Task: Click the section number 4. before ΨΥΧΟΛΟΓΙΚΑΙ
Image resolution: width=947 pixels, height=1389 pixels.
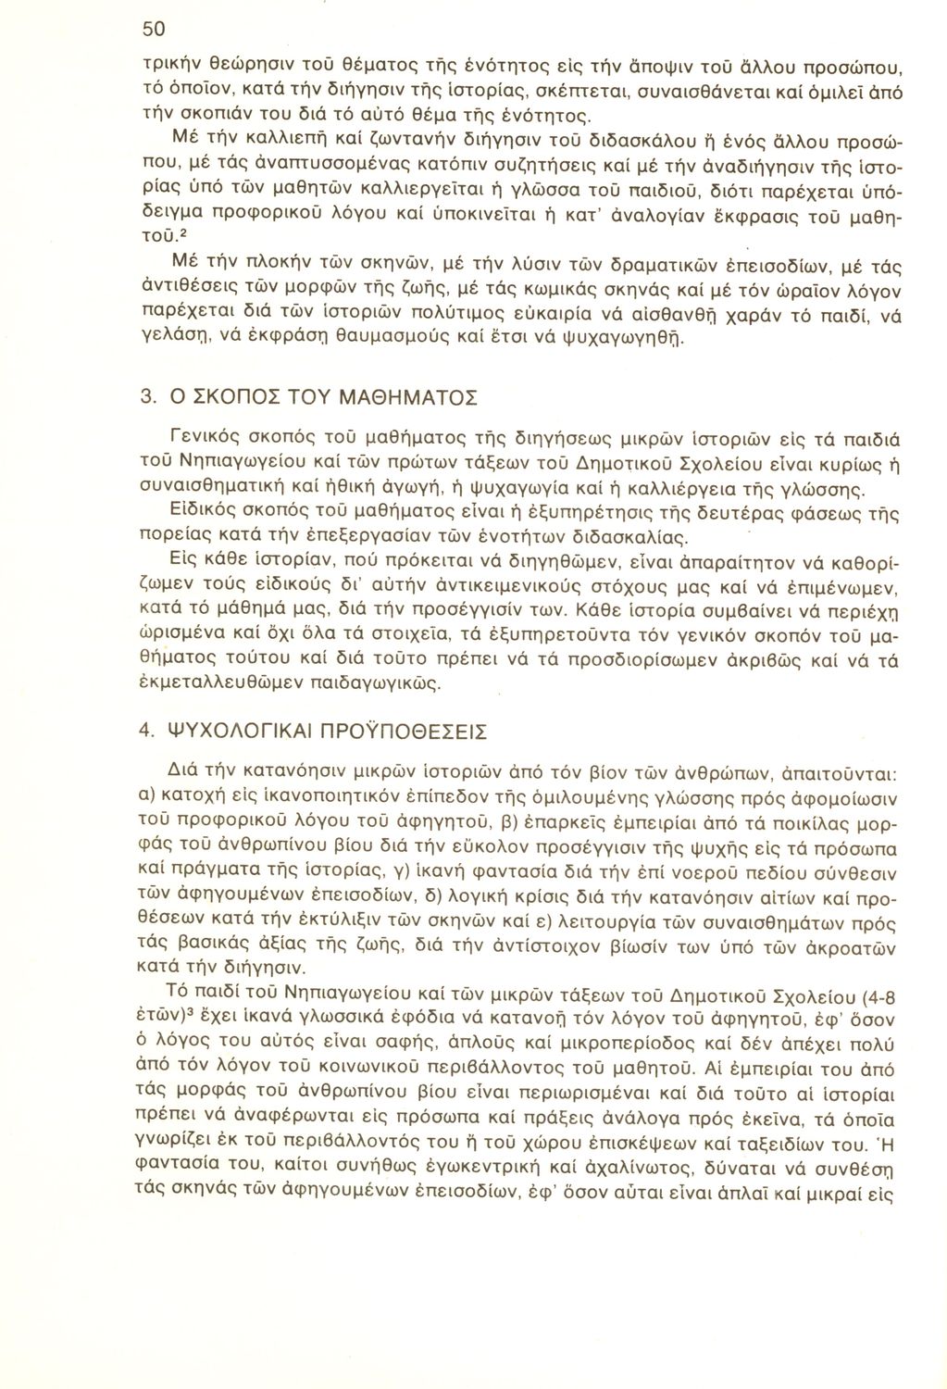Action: pos(144,730)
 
